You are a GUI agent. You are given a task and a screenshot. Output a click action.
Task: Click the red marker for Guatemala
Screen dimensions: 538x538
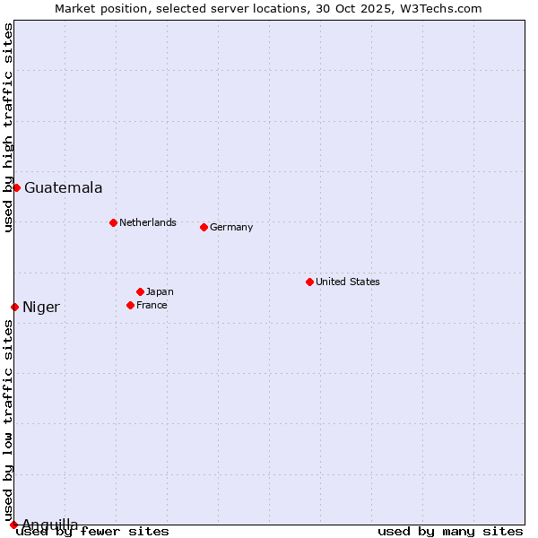[x=16, y=187]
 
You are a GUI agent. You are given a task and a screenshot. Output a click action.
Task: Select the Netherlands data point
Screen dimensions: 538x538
[x=113, y=222]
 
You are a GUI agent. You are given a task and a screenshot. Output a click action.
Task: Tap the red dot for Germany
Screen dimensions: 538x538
[x=204, y=227]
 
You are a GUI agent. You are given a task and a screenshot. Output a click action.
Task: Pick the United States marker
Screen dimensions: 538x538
[x=309, y=282]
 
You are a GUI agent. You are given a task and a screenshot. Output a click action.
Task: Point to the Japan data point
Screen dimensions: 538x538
[x=140, y=291]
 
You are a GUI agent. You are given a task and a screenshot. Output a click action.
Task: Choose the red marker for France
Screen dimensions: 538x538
[x=130, y=305]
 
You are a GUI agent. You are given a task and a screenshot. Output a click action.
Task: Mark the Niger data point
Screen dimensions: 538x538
[x=14, y=307]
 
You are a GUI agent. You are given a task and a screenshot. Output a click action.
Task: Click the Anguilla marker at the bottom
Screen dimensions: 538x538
[x=13, y=525]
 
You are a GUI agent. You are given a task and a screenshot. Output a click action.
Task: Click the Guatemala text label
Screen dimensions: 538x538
[x=63, y=188]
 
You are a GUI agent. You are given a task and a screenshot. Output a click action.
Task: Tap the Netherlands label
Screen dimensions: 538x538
[x=147, y=222]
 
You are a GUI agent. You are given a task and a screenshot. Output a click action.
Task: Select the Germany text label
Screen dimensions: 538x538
[x=231, y=227]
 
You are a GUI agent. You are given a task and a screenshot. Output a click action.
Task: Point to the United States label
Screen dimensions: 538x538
[x=347, y=282]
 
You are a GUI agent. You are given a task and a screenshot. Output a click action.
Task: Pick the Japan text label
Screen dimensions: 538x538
[x=160, y=291]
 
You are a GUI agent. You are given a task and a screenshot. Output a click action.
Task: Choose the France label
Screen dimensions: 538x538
[x=152, y=305]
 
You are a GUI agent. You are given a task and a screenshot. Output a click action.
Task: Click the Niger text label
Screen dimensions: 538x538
[x=41, y=308]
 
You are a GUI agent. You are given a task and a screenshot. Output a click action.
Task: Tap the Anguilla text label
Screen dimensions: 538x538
[x=49, y=525]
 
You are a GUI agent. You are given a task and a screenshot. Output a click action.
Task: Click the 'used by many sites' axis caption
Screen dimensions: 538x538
[x=450, y=532]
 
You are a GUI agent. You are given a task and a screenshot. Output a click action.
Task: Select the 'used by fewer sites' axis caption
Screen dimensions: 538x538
[x=93, y=532]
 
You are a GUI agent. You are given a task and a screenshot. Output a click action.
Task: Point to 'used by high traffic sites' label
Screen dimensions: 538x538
[x=8, y=127]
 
